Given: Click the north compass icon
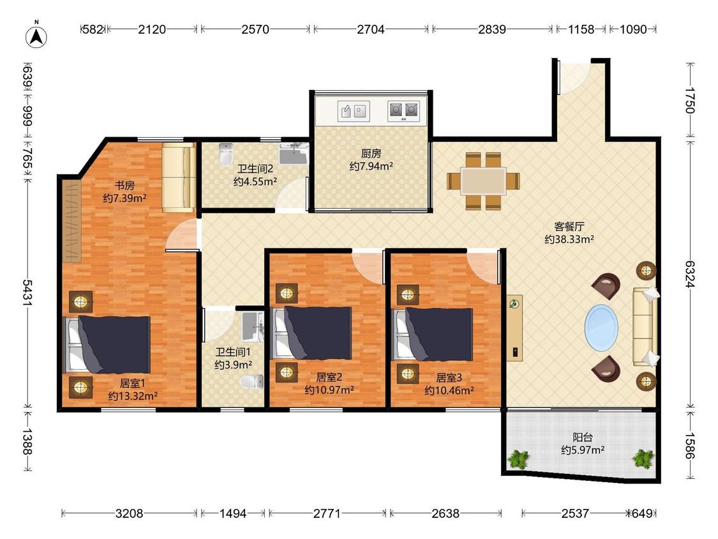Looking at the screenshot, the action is [x=36, y=36].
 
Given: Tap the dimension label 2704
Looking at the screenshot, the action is [x=370, y=29].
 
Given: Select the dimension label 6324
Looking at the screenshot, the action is [x=690, y=273].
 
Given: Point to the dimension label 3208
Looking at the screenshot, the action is [x=129, y=513].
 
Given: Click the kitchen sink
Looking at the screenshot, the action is [x=354, y=111].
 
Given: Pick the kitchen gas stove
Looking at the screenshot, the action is [x=403, y=111].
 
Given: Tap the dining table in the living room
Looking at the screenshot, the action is [x=483, y=181].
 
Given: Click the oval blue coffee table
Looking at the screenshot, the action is [x=601, y=328].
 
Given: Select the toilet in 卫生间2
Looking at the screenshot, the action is [x=226, y=155].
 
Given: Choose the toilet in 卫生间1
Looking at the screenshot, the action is [x=252, y=381].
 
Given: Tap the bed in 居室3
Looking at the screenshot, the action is [x=433, y=334].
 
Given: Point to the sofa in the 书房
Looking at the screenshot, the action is [x=179, y=178].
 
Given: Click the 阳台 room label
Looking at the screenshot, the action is [x=583, y=437].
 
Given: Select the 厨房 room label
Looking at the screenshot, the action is [x=371, y=153].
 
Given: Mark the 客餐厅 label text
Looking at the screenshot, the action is [x=569, y=227].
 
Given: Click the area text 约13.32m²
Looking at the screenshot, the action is [x=133, y=396].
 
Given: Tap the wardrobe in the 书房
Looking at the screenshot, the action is [x=72, y=222].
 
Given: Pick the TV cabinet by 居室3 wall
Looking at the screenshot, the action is [x=514, y=328].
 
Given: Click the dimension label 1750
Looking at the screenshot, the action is [x=690, y=100].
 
